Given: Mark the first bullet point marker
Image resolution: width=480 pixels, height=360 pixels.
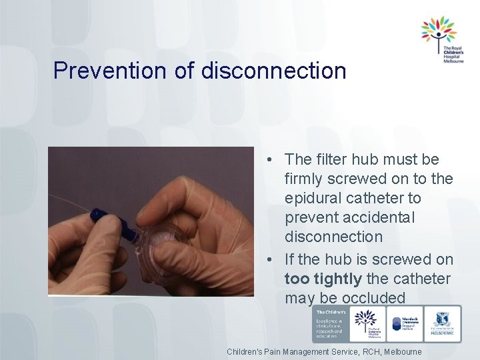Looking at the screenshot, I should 267,160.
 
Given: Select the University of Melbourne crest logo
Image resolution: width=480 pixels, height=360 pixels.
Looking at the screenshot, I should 443,325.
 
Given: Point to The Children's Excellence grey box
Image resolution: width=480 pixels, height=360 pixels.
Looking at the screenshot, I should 329,325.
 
